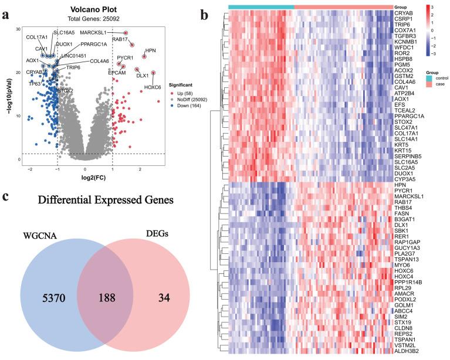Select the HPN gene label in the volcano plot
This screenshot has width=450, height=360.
coord(150,52)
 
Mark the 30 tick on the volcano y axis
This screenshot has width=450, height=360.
coord(18,29)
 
